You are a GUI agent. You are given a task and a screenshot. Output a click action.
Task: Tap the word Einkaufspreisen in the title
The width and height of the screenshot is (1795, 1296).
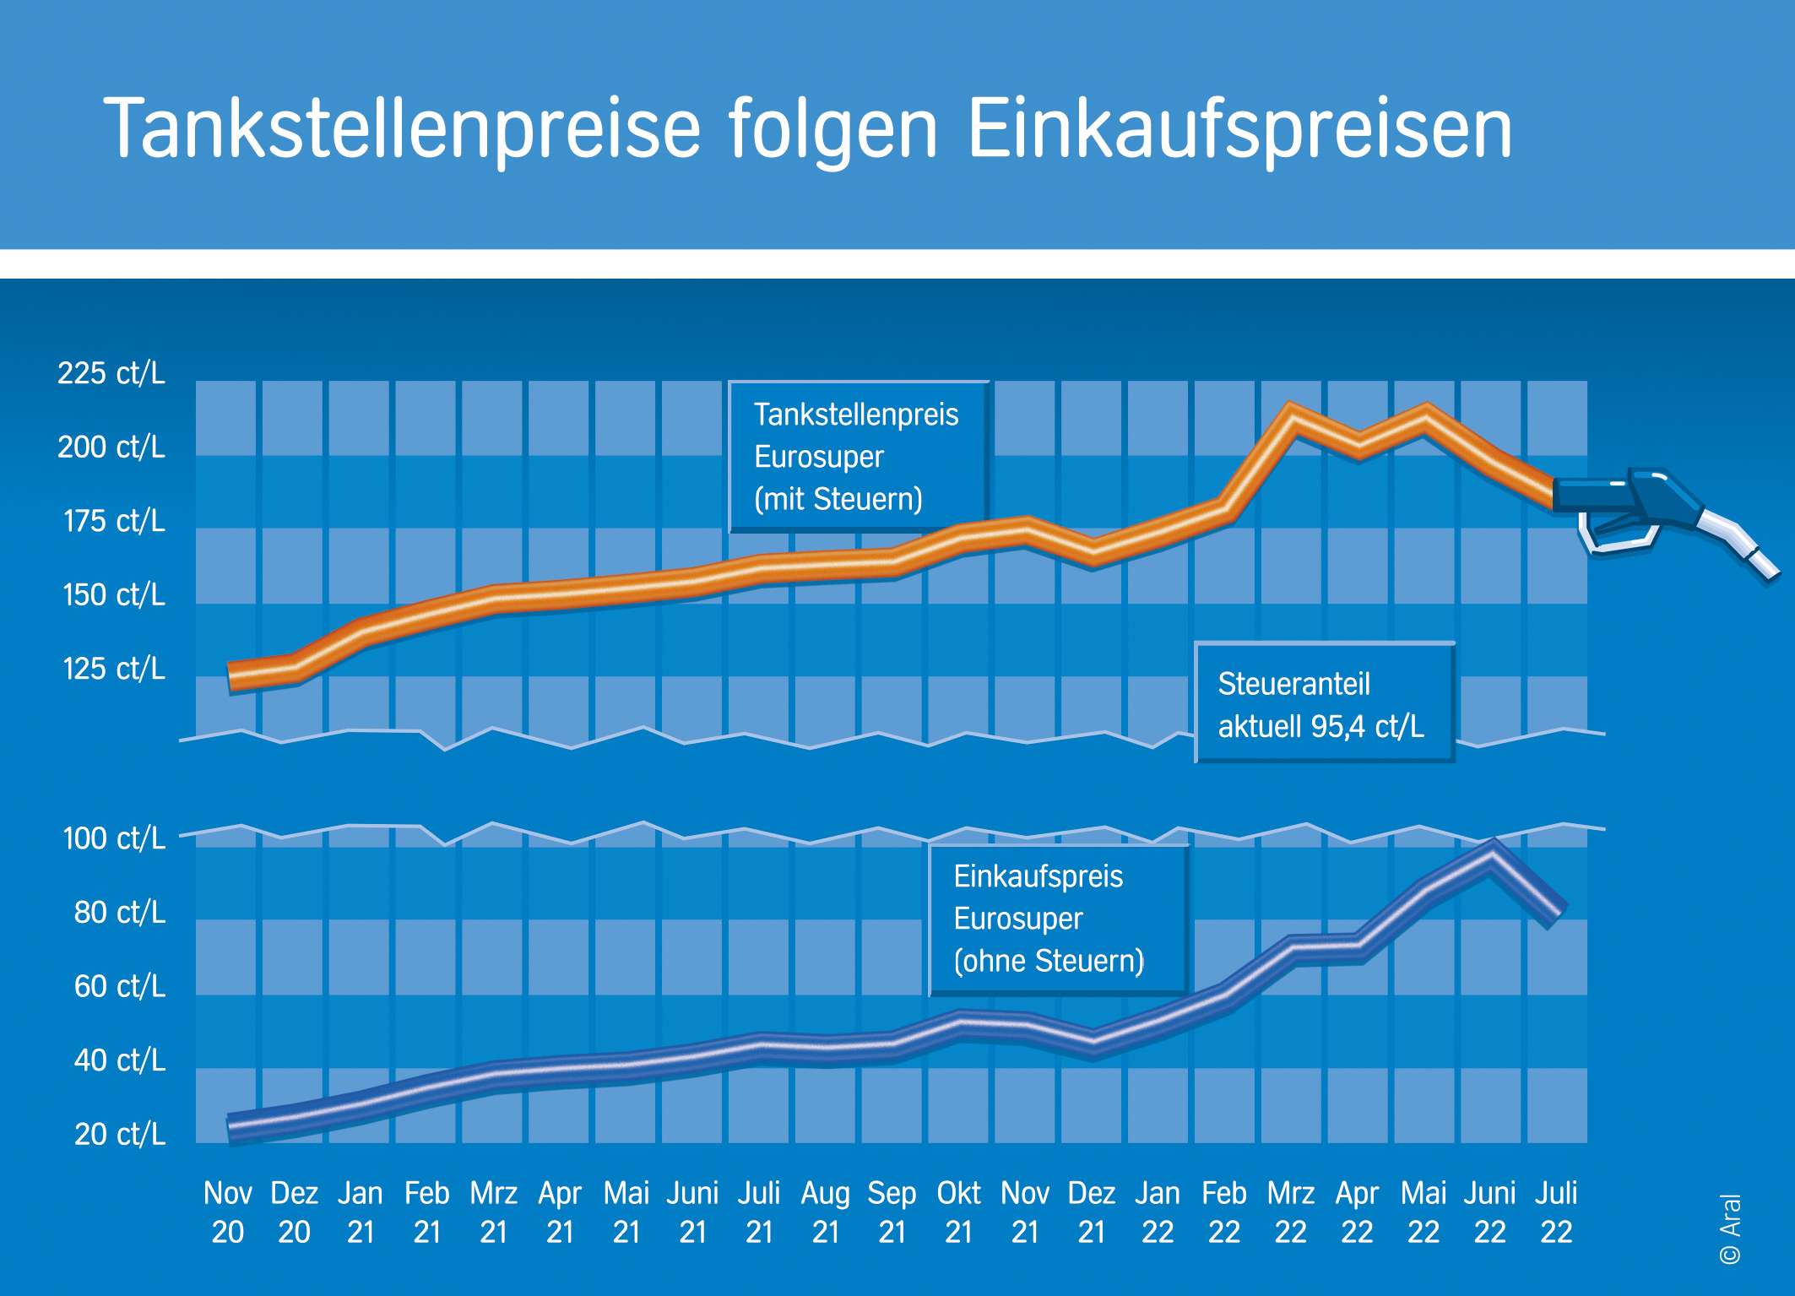tap(1239, 128)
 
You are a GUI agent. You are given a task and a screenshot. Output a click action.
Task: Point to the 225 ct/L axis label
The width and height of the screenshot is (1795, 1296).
tap(111, 373)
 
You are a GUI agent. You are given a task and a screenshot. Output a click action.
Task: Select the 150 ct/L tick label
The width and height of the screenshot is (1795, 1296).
tap(114, 595)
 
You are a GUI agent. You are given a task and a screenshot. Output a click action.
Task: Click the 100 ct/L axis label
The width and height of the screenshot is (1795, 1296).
tap(114, 838)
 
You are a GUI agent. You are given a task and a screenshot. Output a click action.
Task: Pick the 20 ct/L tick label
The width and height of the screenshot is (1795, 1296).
tap(120, 1134)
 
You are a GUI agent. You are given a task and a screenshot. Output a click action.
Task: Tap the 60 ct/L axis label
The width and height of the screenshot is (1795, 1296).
tap(120, 986)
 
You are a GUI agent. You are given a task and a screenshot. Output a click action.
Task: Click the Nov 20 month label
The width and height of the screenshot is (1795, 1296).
tap(227, 1212)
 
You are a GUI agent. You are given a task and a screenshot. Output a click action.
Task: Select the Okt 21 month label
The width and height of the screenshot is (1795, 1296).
tap(958, 1212)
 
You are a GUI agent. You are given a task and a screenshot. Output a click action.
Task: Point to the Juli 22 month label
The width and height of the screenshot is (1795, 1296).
tap(1556, 1212)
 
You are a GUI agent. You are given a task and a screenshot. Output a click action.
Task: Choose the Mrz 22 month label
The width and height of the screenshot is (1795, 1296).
tap(1290, 1212)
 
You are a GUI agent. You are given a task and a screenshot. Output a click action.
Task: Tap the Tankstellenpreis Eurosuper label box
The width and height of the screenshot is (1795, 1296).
tap(857, 457)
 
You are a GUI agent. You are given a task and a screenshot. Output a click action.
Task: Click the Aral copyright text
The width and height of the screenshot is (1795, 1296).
tap(1730, 1228)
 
